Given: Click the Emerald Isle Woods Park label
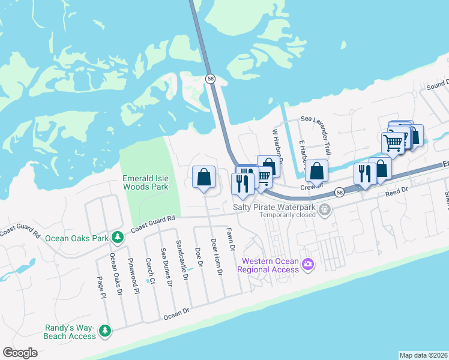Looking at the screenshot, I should pos(145,182).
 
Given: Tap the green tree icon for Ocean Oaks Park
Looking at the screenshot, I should pos(119,238).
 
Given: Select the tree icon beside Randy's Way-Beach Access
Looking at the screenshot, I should pos(105,331).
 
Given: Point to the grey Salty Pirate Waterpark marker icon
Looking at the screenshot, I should pos(325,209).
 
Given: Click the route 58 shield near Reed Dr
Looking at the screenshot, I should pos(340,193).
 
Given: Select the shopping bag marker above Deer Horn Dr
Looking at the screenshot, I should pos(204,177).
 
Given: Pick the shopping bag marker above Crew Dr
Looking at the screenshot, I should pos(316,171).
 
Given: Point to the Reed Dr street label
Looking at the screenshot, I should pos(396,190).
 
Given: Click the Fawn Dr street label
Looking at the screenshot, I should pos(229,239).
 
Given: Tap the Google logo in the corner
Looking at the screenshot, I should pos(20,353).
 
